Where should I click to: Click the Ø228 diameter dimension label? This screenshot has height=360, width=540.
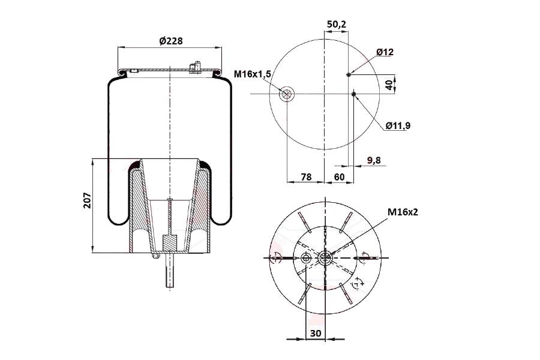[171, 41]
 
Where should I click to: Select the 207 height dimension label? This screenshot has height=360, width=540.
[88, 200]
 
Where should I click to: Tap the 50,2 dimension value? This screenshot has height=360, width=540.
[337, 25]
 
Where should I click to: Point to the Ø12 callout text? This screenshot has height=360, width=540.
[385, 52]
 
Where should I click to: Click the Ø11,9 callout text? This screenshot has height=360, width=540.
[398, 126]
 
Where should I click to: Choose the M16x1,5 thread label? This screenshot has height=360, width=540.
[253, 74]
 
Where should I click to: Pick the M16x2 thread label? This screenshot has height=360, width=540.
[403, 212]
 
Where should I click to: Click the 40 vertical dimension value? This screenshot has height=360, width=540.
[389, 85]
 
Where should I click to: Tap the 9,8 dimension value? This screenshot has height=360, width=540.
[374, 160]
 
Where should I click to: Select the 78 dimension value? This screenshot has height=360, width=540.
[306, 177]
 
